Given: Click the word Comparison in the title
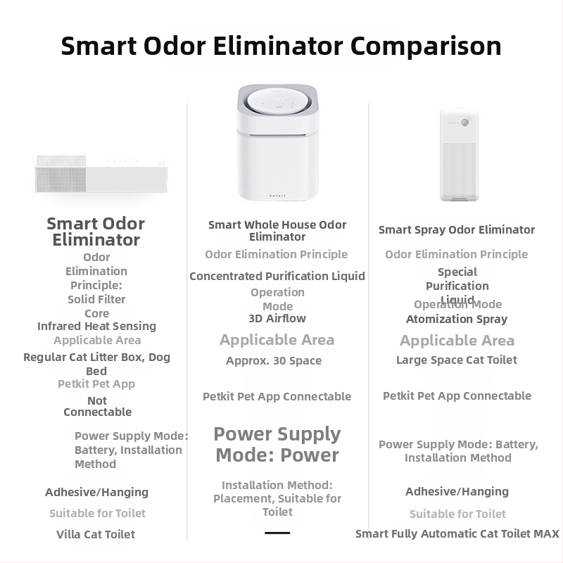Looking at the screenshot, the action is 426,46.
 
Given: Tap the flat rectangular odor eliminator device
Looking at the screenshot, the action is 101,174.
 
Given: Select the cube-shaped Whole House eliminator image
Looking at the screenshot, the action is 277,143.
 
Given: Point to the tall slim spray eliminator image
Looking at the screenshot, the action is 460,155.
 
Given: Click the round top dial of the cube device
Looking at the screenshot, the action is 277,101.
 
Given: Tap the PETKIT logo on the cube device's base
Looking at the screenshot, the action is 277,196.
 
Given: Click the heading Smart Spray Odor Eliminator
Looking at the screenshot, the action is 457,230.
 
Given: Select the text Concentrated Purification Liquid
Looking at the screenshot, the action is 277,276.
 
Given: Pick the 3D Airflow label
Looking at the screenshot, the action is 277,319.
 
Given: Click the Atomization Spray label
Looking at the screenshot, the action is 457,320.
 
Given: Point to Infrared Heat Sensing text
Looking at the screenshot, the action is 96,327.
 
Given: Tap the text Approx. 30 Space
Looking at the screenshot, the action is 274,361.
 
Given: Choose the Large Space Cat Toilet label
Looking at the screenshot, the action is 457,360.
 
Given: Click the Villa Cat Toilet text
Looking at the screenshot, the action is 96,534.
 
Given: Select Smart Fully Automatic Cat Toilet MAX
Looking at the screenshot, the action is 457,534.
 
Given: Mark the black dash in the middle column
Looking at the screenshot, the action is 277,533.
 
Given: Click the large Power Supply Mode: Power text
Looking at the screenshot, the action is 277,445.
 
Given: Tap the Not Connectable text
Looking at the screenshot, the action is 97,406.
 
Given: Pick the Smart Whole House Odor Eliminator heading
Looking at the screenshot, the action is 277,231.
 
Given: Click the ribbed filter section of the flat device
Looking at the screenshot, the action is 61,174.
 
